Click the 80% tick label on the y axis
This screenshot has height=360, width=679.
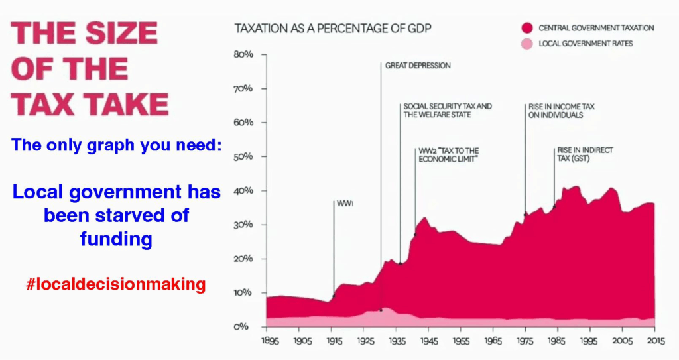(x=244, y=54)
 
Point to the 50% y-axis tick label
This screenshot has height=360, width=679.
(x=244, y=156)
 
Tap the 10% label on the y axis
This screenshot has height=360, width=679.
(x=244, y=292)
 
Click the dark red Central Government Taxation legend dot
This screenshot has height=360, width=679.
(x=527, y=28)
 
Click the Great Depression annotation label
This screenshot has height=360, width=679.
(x=418, y=66)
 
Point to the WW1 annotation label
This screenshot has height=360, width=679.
(x=345, y=204)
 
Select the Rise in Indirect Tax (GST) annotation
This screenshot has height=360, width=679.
(x=584, y=154)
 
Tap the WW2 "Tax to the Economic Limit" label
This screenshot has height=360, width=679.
(x=449, y=154)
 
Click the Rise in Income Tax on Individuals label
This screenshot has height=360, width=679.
(x=556, y=110)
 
